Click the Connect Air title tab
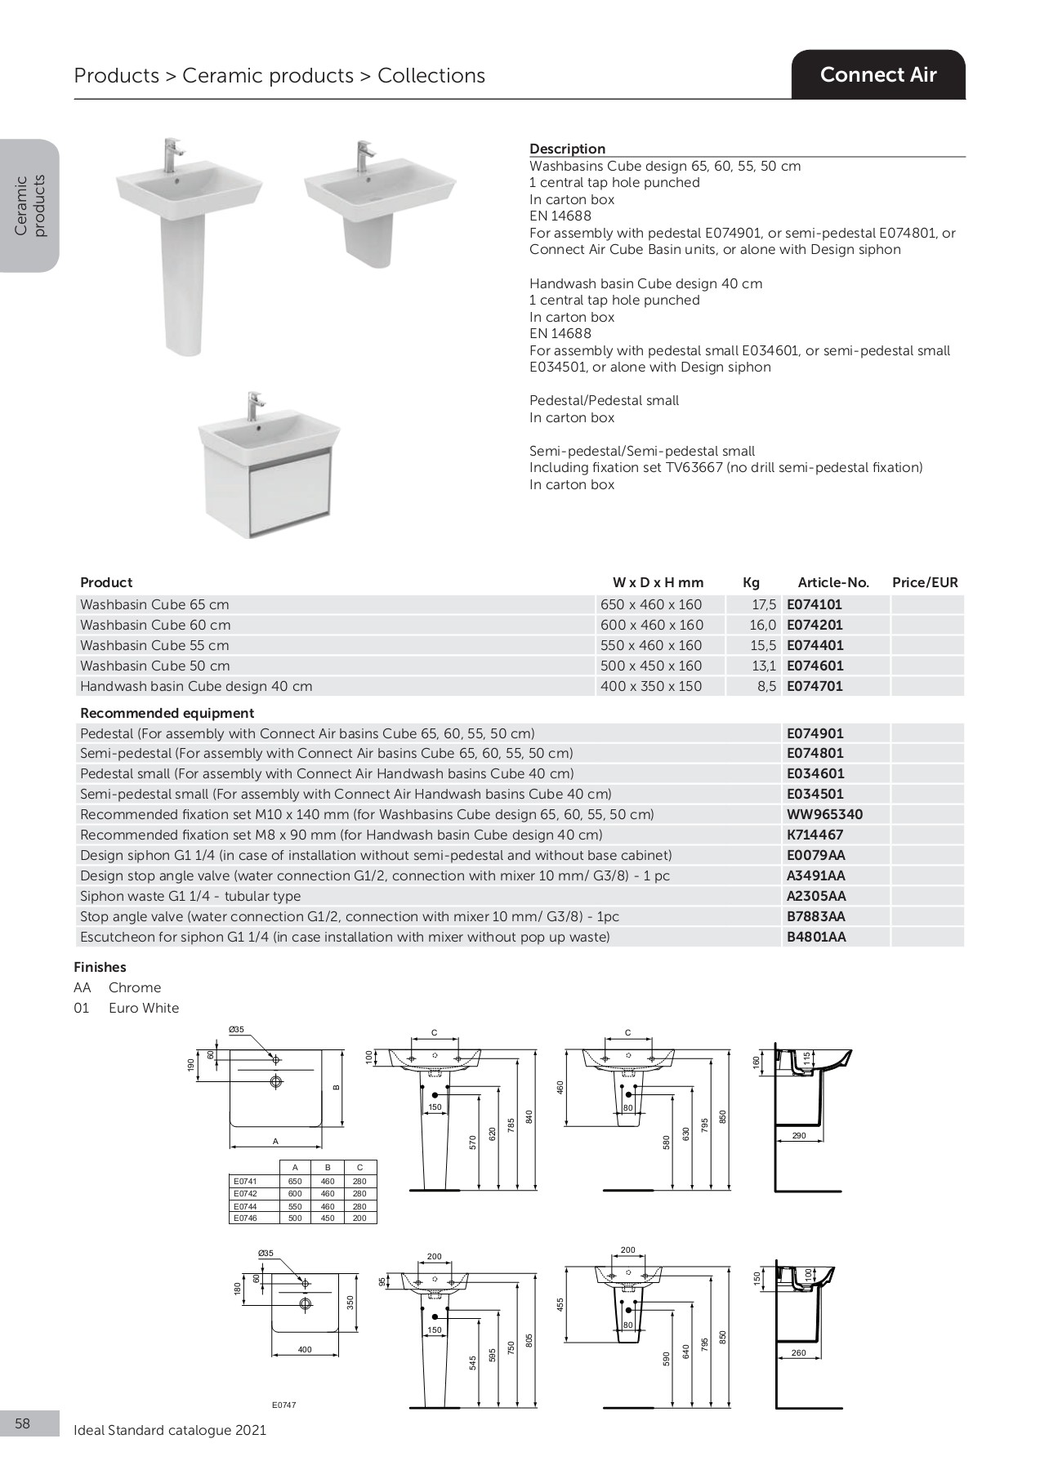pos(878,75)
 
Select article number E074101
pos(814,604)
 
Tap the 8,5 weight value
pos(766,686)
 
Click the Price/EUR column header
pos(925,582)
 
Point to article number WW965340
pos(824,814)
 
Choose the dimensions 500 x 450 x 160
pos(651,666)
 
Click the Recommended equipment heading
pos(167,713)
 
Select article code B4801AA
pos(816,937)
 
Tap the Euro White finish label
pos(144,1008)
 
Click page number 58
pos(22,1423)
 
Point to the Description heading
pos(567,149)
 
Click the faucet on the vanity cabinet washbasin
pos(256,405)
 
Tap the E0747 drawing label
pos(283,1405)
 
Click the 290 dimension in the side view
pos(799,1135)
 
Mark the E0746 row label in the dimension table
pos(245,1218)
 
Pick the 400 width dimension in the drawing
pos(305,1349)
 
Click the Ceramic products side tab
pos(30,205)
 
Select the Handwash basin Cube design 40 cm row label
pos(196,686)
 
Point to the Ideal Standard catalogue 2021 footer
pos(170,1430)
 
